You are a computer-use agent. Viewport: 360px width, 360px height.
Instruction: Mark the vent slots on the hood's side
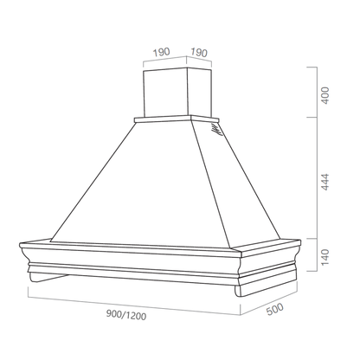click(215, 132)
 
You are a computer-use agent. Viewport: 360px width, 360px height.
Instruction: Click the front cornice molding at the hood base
click(130, 260)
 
